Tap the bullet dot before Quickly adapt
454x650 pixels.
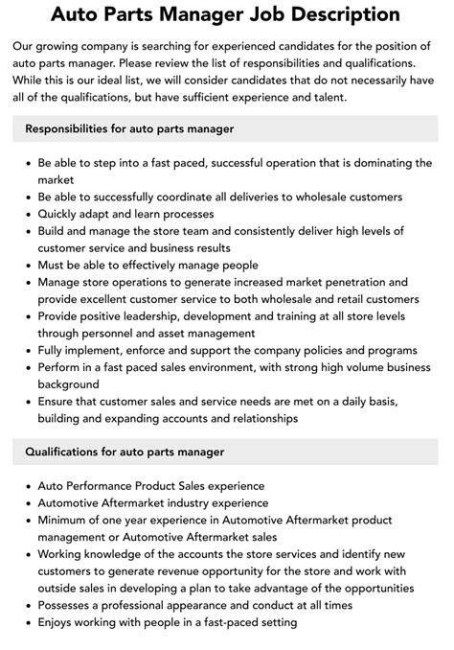point(26,214)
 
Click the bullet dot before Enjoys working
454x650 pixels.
point(26,622)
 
